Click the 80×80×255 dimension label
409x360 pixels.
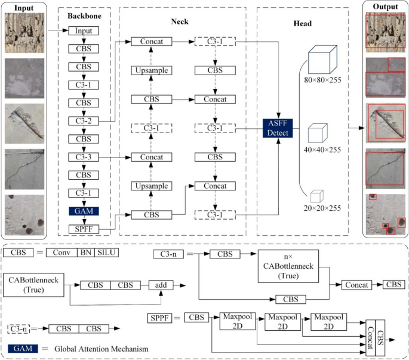coord(322,96)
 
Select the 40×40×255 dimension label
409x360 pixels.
coord(322,150)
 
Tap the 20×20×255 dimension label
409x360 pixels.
coord(322,208)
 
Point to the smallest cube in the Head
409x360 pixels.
coord(316,195)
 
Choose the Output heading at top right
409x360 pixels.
coord(385,7)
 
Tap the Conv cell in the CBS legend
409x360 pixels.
coord(61,253)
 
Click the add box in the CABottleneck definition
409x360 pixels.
coord(161,285)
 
